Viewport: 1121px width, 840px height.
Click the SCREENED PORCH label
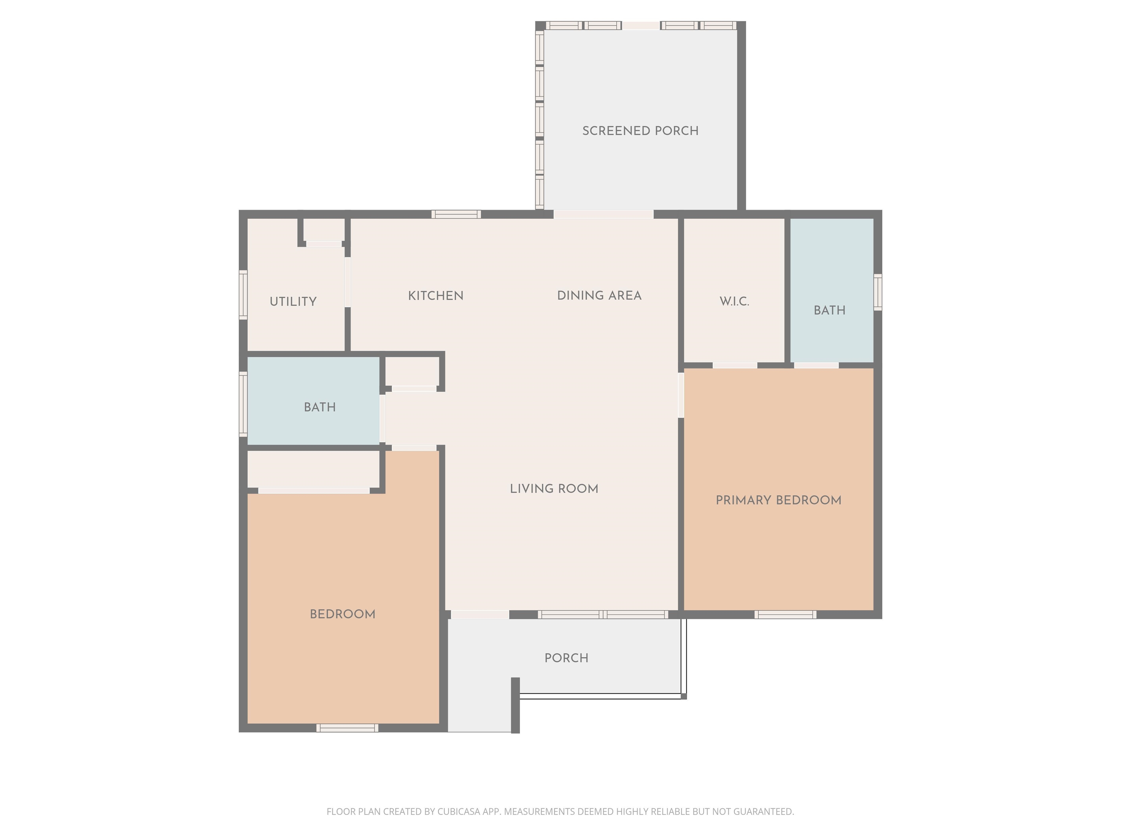point(640,131)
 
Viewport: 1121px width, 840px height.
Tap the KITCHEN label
point(436,296)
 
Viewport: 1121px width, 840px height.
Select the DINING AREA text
point(599,296)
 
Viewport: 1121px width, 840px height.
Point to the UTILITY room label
point(293,302)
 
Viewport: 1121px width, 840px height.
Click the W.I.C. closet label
point(734,302)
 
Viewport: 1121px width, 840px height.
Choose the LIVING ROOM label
point(554,489)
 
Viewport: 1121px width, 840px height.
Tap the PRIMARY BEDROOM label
point(778,500)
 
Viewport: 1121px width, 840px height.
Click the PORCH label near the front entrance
point(566,658)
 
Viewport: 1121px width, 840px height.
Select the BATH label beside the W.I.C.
point(829,310)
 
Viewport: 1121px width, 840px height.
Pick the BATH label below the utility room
point(320,407)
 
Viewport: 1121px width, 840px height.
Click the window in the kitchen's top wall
point(456,214)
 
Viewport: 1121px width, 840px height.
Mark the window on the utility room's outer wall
point(243,295)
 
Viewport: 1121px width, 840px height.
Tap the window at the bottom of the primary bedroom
point(785,615)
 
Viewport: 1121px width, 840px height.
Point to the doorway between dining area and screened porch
point(603,214)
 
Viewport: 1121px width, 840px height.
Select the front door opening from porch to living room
point(480,615)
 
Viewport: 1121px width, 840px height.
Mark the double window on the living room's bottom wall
point(603,615)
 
